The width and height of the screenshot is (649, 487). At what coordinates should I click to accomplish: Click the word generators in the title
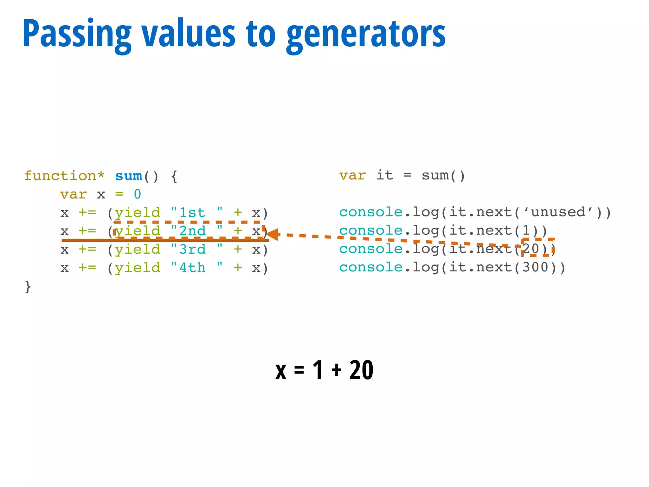click(366, 34)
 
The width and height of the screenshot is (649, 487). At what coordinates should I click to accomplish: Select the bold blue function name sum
click(129, 176)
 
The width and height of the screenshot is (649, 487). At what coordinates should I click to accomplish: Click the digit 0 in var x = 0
click(137, 194)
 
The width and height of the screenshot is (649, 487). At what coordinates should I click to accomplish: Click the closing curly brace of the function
click(28, 286)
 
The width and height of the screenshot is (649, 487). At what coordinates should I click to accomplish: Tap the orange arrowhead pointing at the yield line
click(273, 234)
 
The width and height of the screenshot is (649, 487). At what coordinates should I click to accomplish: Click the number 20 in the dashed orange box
click(531, 249)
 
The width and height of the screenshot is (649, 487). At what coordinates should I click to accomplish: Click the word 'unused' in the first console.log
click(558, 212)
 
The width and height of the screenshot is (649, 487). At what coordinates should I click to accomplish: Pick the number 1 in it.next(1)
click(526, 231)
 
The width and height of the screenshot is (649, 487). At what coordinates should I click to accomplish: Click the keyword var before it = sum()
click(352, 175)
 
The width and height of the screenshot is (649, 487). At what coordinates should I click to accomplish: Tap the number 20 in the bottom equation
click(361, 370)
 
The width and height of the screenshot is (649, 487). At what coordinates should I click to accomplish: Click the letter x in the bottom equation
click(281, 371)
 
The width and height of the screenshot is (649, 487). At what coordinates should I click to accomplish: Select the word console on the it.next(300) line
click(371, 267)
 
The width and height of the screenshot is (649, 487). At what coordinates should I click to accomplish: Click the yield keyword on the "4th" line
click(138, 268)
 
